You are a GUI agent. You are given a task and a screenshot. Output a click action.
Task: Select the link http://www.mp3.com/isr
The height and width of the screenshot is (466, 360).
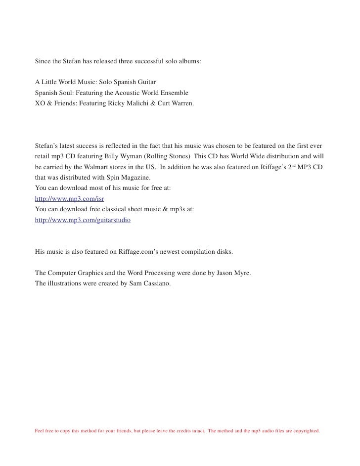(62, 198)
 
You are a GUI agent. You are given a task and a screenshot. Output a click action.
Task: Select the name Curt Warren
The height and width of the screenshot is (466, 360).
(176, 104)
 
